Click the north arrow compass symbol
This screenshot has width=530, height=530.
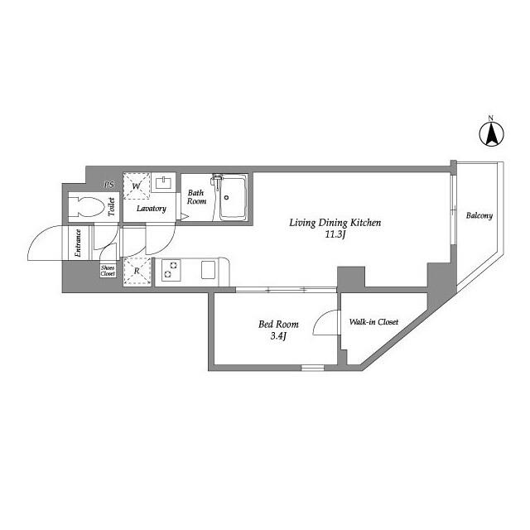point(492,133)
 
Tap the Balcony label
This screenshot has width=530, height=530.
point(479,216)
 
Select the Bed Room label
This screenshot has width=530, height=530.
point(278,324)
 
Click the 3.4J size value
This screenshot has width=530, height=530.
point(278,336)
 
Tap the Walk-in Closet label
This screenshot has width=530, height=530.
point(373,321)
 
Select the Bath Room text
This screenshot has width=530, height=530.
point(196,197)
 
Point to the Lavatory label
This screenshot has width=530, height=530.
point(152,209)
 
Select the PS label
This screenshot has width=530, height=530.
point(108,184)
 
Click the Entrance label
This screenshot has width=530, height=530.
point(79,243)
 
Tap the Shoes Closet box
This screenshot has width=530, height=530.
point(108,271)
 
